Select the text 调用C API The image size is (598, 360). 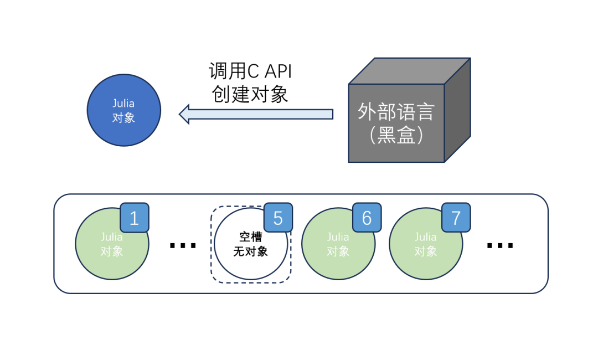250,72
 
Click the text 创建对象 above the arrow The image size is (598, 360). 250,94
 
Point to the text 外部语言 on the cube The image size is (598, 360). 396,112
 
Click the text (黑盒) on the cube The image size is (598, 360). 396,135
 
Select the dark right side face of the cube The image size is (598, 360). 457,111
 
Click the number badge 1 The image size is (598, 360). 135,218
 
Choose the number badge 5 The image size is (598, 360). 278,218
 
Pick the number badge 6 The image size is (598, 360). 367,218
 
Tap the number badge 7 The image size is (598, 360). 456,218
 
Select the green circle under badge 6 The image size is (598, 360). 335,252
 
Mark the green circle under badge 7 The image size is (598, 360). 424,252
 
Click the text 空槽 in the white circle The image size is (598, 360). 250,237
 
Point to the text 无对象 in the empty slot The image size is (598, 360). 250,251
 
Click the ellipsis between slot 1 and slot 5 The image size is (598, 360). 183,245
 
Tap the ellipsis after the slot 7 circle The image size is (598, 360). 499,245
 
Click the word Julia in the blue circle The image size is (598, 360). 123,104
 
